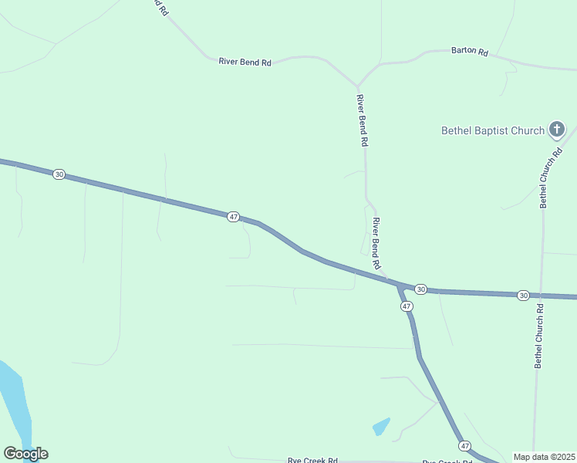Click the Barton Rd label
tap(470, 52)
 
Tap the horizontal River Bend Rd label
tap(245, 62)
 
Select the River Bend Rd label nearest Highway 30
tap(377, 243)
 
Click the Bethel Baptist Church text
tap(493, 130)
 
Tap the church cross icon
tap(557, 129)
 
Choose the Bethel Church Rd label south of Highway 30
tap(540, 335)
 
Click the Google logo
tap(25, 454)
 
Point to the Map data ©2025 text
tap(544, 457)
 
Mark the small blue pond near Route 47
tap(381, 426)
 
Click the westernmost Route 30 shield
tap(59, 174)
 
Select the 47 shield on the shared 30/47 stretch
tap(233, 217)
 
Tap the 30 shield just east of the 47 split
tap(420, 289)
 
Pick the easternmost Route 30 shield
tap(523, 296)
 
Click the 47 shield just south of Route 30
tap(407, 306)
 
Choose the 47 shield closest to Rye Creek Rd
tap(464, 446)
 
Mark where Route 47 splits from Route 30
tap(400, 286)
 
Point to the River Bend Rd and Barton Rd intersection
tap(357, 85)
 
